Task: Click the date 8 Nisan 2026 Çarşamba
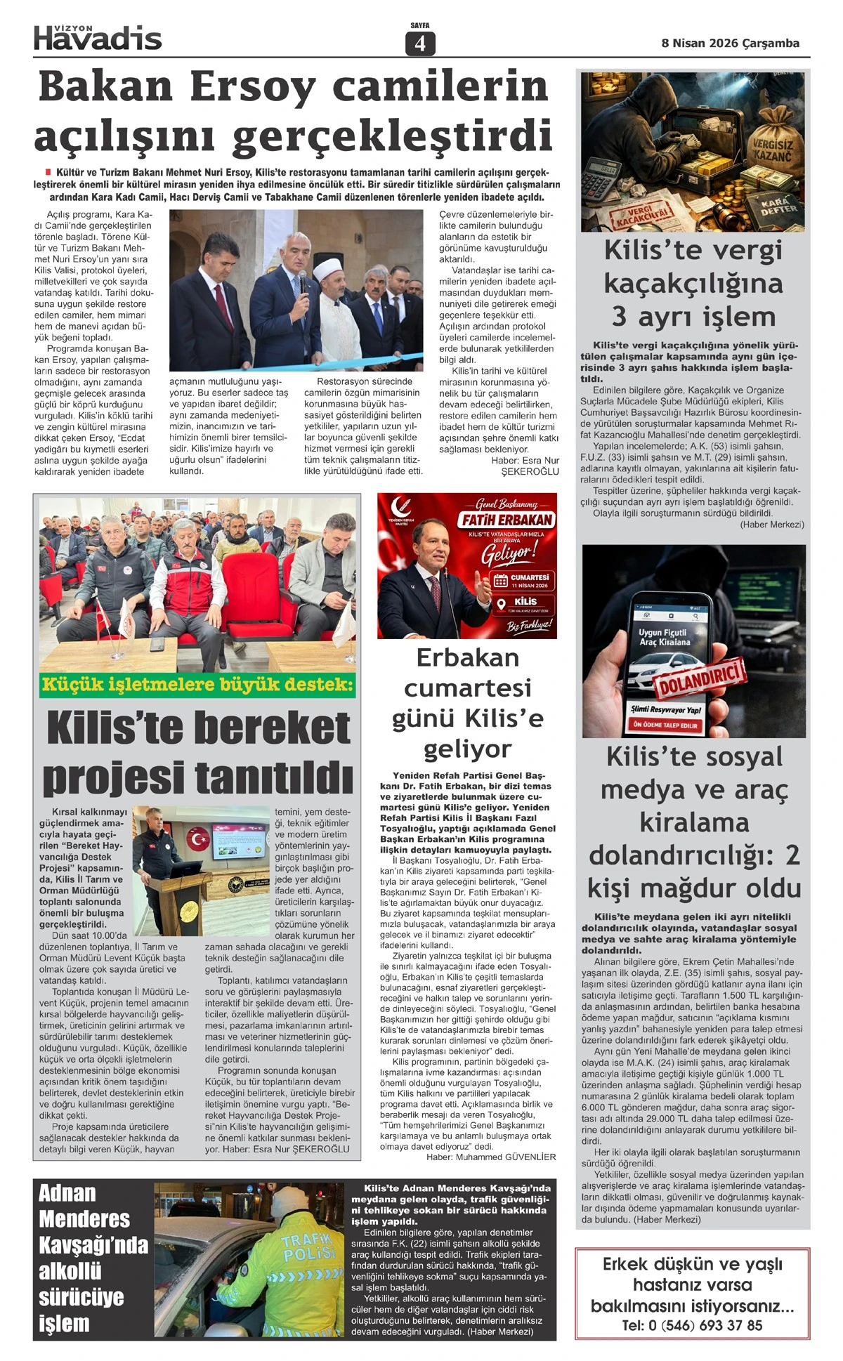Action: pyautogui.click(x=730, y=43)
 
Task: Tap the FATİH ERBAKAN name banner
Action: pyautogui.click(x=507, y=520)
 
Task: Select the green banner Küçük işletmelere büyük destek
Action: pyautogui.click(x=197, y=684)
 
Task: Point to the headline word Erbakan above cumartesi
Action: pyautogui.click(x=467, y=657)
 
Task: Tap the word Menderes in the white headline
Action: pyautogui.click(x=84, y=1218)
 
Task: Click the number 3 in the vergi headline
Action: pyautogui.click(x=619, y=316)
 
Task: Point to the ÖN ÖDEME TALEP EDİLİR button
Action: pyautogui.click(x=665, y=724)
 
